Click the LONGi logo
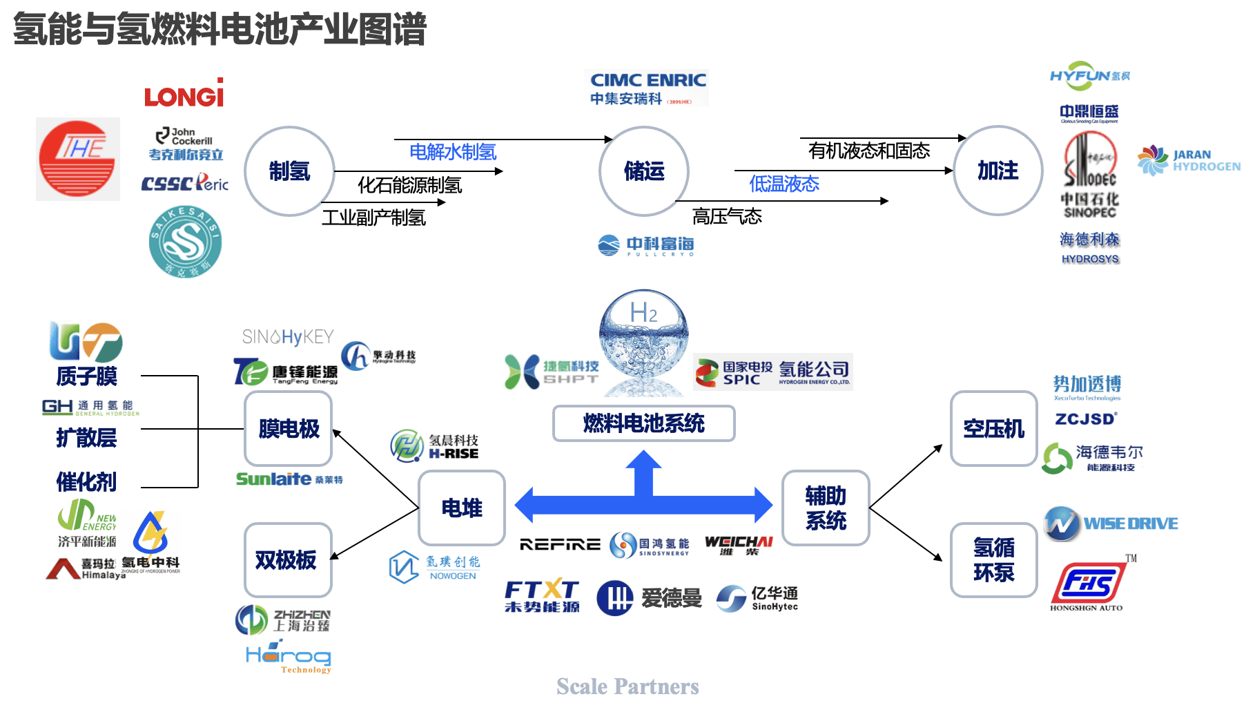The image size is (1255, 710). point(184,93)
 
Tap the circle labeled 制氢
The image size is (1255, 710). point(289,171)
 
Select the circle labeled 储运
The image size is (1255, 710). point(644,171)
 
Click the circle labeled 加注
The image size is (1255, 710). point(998,171)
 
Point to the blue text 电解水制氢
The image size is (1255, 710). point(453,152)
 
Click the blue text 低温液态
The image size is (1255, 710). point(784,184)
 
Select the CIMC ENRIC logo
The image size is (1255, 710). point(647,88)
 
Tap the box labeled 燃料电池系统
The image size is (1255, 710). point(643,423)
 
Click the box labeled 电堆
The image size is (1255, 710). point(462,508)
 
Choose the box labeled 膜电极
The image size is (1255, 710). point(289,429)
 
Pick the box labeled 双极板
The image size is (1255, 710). point(286,560)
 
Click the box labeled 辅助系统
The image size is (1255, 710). point(825,508)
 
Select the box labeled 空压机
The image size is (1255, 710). point(993,429)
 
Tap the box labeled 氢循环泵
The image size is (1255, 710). point(993,560)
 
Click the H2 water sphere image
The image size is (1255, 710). point(643,332)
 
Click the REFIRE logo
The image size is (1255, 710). point(560,545)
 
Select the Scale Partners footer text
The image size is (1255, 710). point(627,687)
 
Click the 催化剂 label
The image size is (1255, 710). point(86,482)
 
